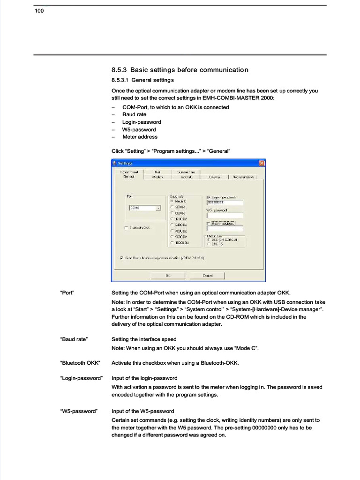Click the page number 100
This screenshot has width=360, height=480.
click(x=39, y=11)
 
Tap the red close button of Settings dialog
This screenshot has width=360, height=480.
click(x=262, y=163)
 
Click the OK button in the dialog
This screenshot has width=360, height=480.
click(x=168, y=276)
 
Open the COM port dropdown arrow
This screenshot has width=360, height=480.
click(x=158, y=208)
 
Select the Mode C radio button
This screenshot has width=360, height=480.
click(x=172, y=201)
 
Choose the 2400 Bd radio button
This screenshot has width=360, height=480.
click(x=172, y=225)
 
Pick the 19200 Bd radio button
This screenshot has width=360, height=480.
click(x=172, y=243)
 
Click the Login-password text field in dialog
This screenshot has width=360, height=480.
click(x=225, y=202)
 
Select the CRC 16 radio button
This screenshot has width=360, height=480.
click(x=208, y=244)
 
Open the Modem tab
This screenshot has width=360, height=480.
click(x=157, y=177)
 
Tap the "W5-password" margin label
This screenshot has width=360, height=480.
click(x=79, y=411)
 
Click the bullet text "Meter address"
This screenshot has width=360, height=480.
click(x=140, y=137)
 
